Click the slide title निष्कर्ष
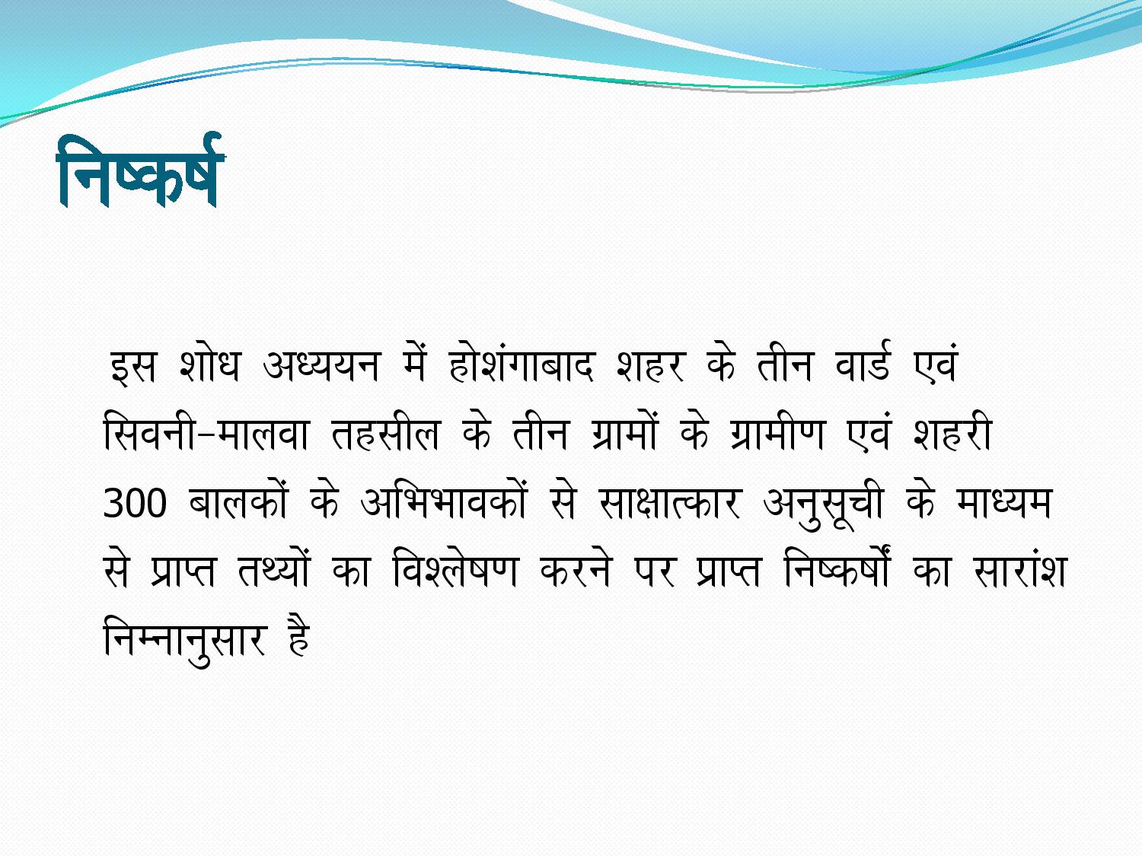coord(141,170)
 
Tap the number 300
coord(135,503)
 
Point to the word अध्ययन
coord(322,364)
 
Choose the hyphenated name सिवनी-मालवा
coord(206,434)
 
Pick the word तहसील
coord(385,434)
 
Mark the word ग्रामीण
coord(777,434)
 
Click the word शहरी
coord(952,434)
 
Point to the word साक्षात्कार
coord(669,503)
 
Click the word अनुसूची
coord(823,505)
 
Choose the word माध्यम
coord(1003,503)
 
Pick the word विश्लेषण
coord(455,570)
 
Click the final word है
coord(298,637)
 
